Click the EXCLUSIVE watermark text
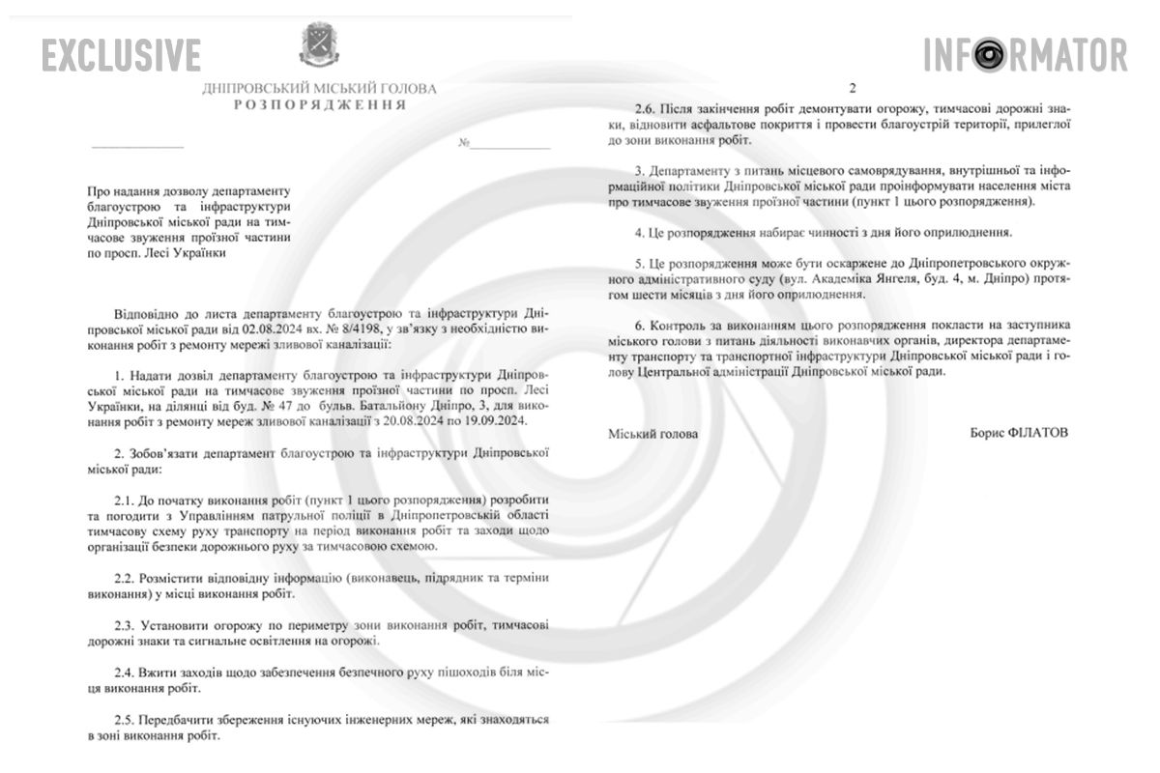(122, 55)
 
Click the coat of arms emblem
(319, 45)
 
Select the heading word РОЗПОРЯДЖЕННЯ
(319, 103)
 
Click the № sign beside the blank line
(464, 144)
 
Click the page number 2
(853, 85)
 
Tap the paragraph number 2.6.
(646, 109)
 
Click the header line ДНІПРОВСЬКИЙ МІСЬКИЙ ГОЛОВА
(319, 88)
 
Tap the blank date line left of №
(136, 145)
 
